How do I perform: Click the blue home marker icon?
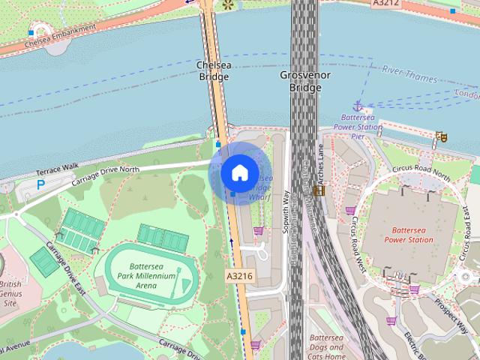239,172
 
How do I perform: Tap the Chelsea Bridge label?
212,71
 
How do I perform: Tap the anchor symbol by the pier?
358,106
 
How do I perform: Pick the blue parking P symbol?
41,183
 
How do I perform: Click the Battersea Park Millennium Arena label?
142,276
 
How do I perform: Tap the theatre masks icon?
442,136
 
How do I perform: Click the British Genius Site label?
10,294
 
